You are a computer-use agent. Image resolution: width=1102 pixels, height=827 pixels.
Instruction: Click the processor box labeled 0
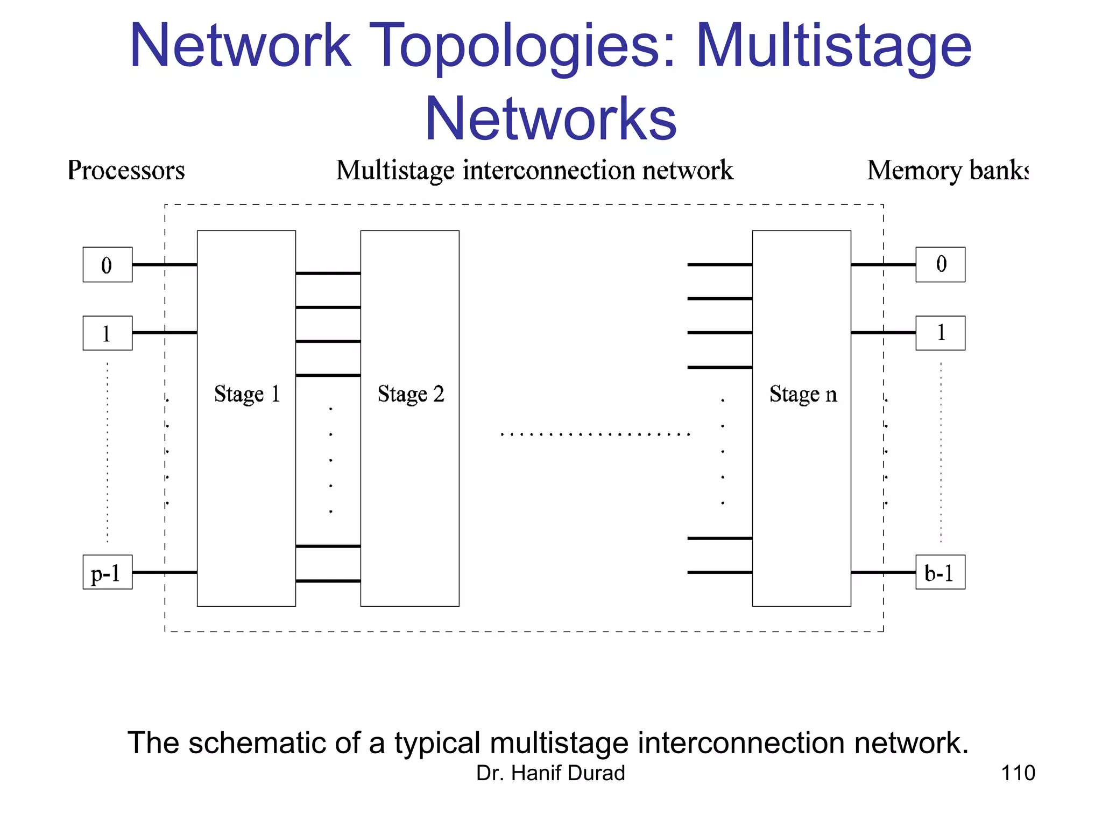pos(107,264)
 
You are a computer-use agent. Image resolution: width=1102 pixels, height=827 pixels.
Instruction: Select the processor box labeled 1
pos(107,333)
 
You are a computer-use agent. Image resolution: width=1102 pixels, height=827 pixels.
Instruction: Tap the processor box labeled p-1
pos(107,572)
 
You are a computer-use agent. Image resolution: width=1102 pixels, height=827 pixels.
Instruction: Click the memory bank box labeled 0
pos(940,264)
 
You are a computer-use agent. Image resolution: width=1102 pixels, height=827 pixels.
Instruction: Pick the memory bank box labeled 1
pos(940,333)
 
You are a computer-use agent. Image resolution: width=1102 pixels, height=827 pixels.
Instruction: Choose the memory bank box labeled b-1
pos(940,572)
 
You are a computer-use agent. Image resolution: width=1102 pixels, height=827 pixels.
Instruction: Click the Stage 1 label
pos(247,394)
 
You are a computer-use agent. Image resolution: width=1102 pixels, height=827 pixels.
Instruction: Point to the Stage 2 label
pos(411,394)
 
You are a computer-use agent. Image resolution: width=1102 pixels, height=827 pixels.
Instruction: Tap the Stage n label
pos(803,394)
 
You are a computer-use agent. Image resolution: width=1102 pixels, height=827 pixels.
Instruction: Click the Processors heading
pos(126,171)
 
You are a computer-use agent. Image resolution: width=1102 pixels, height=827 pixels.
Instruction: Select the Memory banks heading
pos(947,171)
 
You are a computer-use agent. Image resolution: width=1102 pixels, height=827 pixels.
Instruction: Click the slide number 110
pos(1018,773)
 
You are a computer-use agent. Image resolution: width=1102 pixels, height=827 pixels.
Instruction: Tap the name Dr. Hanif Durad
pos(550,773)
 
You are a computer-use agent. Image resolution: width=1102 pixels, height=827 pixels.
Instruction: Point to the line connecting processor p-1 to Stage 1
pos(164,572)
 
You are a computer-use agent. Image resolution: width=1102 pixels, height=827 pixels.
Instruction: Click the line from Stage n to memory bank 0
pos(882,264)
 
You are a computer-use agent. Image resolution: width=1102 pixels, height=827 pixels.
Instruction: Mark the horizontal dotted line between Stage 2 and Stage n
pos(595,434)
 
